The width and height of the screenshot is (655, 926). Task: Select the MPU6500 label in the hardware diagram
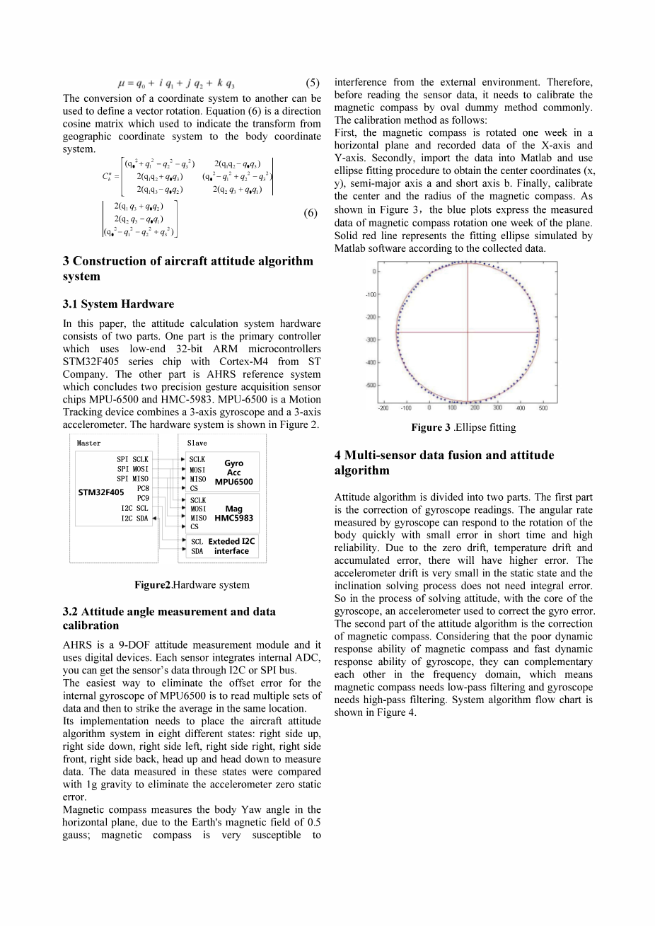(x=233, y=482)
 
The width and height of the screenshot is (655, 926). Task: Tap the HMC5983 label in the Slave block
(x=233, y=518)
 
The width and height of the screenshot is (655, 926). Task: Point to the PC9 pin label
(x=143, y=497)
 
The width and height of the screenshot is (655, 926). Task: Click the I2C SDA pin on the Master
(x=134, y=518)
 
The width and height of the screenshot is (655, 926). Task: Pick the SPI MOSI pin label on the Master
(x=132, y=469)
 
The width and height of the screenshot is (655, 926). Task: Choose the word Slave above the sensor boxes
(x=197, y=443)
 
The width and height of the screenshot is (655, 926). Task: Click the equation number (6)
(x=310, y=214)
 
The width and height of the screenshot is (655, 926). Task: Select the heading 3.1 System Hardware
(x=118, y=304)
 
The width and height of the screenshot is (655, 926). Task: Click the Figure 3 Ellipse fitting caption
(x=463, y=427)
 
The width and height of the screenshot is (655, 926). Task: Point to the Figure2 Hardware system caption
(x=192, y=585)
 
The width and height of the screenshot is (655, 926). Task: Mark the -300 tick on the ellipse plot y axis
(x=370, y=340)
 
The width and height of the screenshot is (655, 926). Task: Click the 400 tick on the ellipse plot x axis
(x=520, y=408)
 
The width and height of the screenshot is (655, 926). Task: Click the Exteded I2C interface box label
(x=231, y=546)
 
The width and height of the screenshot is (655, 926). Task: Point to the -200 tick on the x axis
(x=383, y=408)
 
